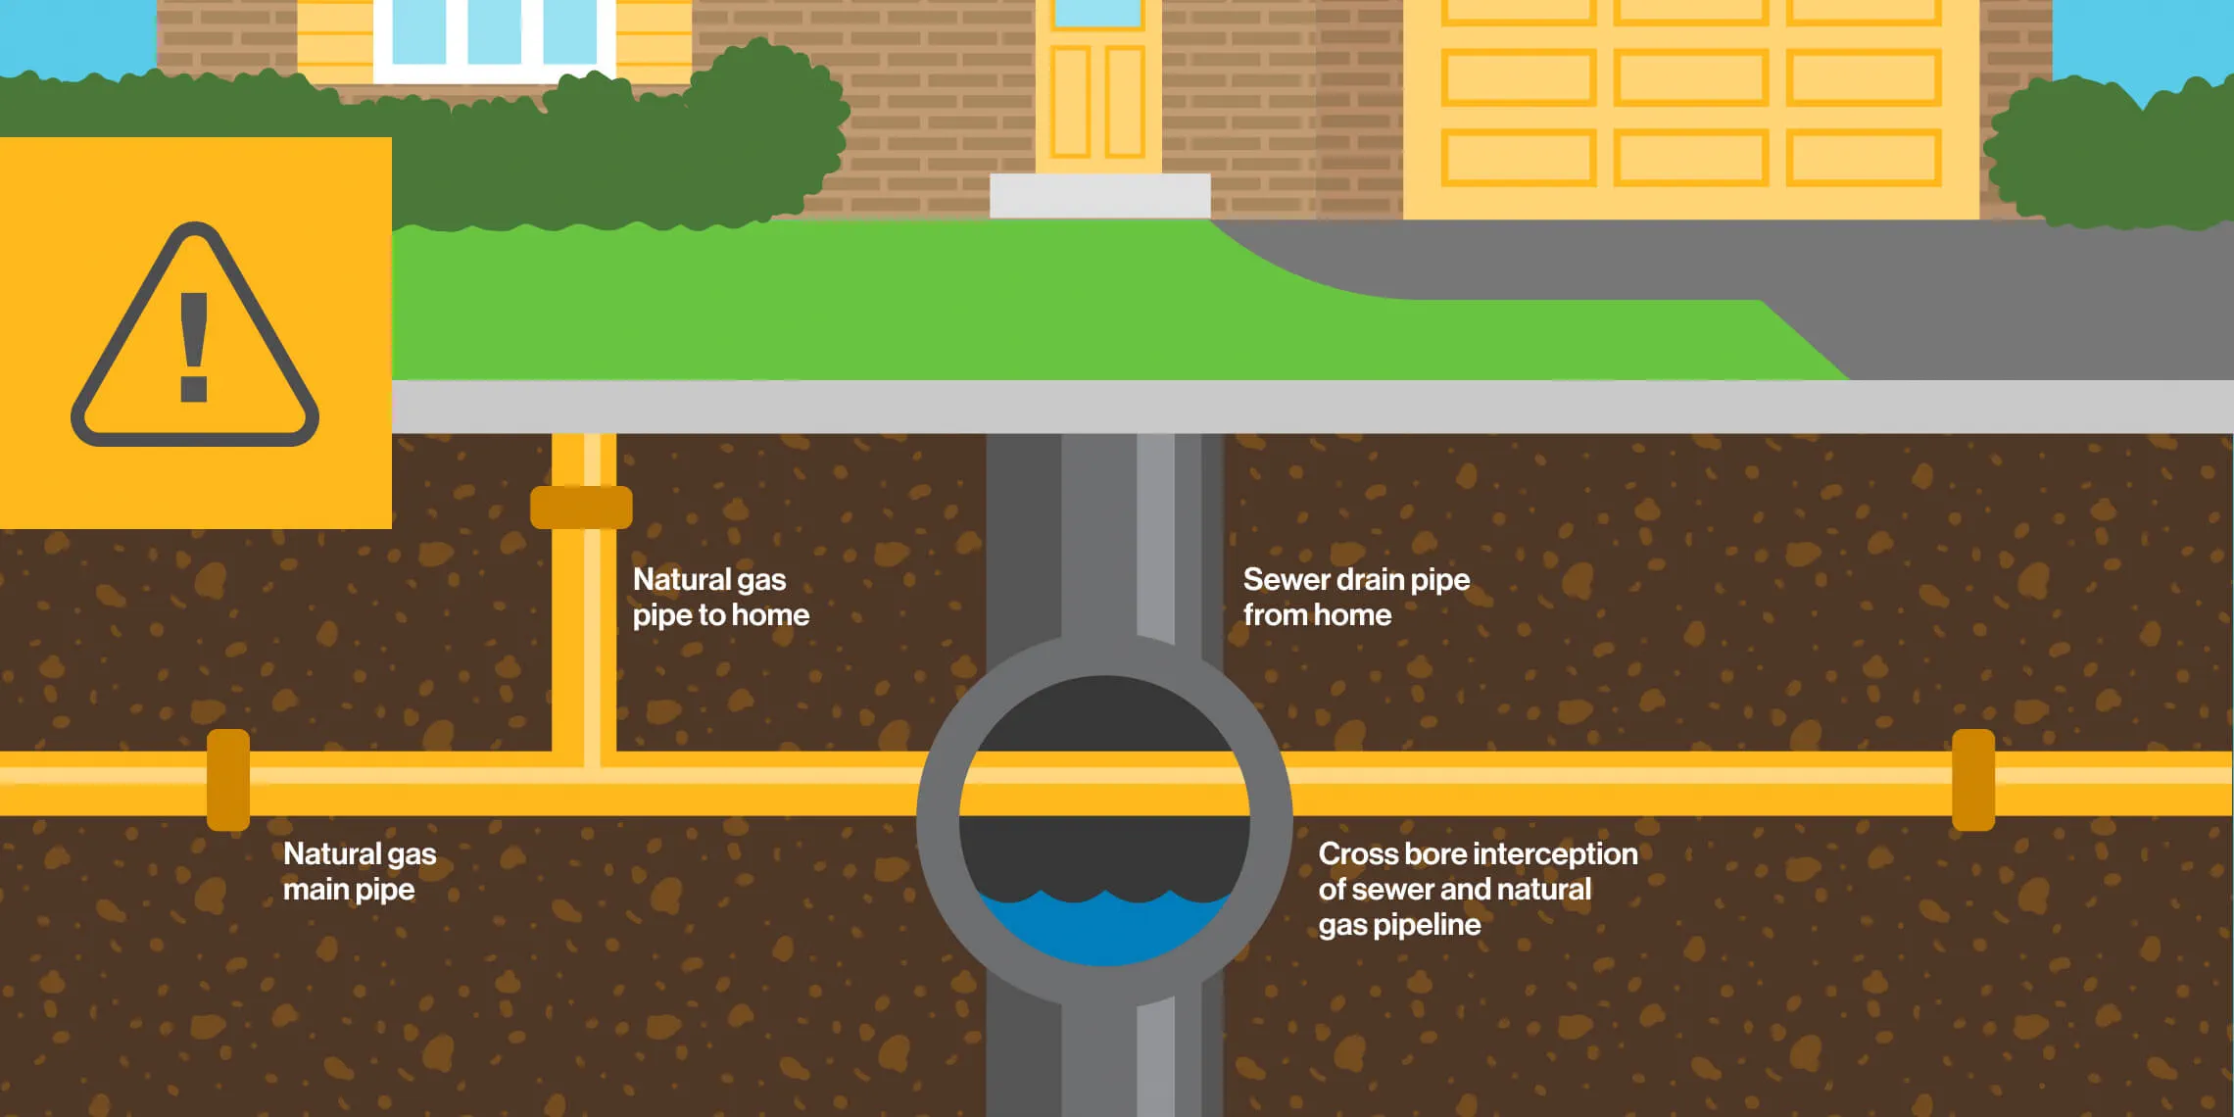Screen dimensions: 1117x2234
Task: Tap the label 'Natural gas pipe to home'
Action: tap(720, 597)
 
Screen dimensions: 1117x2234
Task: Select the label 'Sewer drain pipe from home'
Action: tap(1356, 597)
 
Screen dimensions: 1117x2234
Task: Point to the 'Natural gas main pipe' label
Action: tap(359, 871)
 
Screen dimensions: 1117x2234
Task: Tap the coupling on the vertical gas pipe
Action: tap(581, 507)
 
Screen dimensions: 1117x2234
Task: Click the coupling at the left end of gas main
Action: tap(228, 780)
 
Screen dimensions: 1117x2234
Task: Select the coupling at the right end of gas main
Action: tap(1973, 780)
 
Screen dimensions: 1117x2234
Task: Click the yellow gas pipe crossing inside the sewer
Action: tap(1104, 783)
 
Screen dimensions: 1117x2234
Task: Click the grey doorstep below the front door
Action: tap(1099, 195)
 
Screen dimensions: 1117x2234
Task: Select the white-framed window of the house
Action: tap(494, 39)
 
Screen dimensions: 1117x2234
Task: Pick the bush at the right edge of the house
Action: tap(2107, 157)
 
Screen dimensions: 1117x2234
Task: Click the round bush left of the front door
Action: tap(764, 127)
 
